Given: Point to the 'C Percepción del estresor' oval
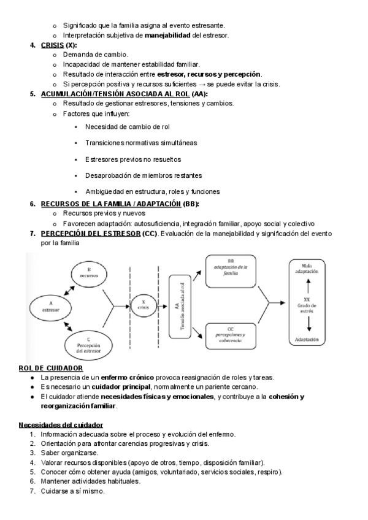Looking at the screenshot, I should pos(93,345).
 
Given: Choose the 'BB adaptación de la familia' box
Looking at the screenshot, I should pos(230,270).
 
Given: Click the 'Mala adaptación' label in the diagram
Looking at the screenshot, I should pos(307,267).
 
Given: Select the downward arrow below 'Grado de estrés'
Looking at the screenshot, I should pos(307,323).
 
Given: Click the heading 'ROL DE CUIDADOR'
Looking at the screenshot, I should pos(51,367).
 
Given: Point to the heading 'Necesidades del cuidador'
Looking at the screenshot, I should pos(61,424).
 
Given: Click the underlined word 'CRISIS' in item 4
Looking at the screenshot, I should pos(52,45).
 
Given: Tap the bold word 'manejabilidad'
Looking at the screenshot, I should pos(167,35).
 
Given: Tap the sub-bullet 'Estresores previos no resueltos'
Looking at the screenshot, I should pos(133,159).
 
